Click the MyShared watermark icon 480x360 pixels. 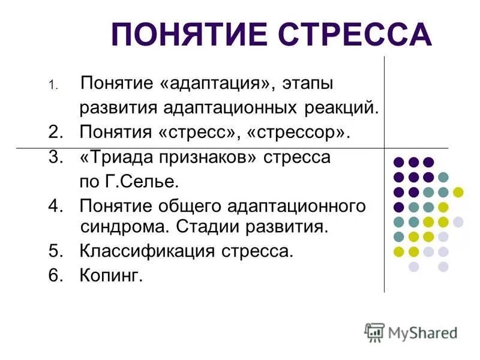click(x=375, y=332)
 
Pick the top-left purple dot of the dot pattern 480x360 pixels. click(x=398, y=162)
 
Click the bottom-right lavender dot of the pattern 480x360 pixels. click(x=443, y=266)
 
